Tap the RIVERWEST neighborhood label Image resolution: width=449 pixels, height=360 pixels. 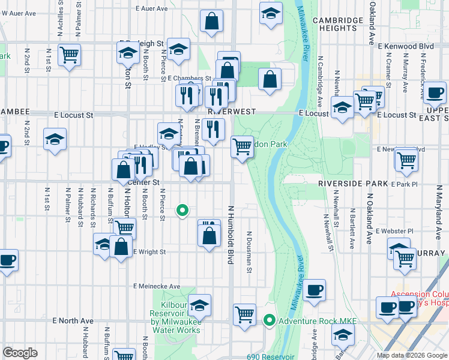pos(232,112)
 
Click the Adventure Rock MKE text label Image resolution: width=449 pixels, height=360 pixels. pos(316,322)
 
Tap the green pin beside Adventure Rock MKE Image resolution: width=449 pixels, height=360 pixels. pos(270,321)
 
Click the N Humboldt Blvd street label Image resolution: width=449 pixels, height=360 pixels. pos(230,234)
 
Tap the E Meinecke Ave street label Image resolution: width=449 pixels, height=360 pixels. pos(157,286)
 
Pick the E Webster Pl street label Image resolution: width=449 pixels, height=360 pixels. pos(394,230)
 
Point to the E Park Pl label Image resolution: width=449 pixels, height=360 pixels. pos(403,184)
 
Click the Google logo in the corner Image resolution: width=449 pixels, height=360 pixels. pos(20,352)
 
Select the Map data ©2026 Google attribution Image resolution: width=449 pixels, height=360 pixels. pos(411,355)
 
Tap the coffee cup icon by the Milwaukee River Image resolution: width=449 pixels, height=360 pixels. pos(315,291)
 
